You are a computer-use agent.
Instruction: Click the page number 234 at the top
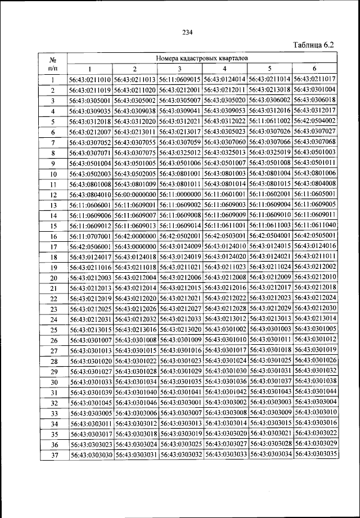click(x=188, y=31)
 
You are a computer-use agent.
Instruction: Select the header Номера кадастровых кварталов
click(x=202, y=58)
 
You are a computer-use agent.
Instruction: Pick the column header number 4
click(x=225, y=69)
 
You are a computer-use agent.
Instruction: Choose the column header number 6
click(x=315, y=69)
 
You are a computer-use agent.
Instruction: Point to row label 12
click(x=52, y=195)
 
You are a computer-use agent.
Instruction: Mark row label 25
click(x=52, y=330)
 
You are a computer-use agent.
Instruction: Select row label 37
click(x=52, y=455)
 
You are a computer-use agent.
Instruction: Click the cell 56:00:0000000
click(x=135, y=194)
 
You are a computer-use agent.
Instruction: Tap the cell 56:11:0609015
click(x=180, y=79)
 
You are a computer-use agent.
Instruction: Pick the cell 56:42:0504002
click(x=315, y=121)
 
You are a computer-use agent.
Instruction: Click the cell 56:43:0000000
click(x=135, y=246)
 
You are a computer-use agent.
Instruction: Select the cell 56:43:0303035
click(x=315, y=454)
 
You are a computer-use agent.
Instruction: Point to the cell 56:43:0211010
click(x=90, y=79)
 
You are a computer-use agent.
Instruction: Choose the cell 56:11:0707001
click(x=90, y=236)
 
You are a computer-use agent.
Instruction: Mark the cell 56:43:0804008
click(x=315, y=183)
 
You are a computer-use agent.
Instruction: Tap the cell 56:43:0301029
click(x=180, y=371)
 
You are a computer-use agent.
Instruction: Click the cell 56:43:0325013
click(x=225, y=152)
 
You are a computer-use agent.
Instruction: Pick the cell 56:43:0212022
click(x=225, y=298)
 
